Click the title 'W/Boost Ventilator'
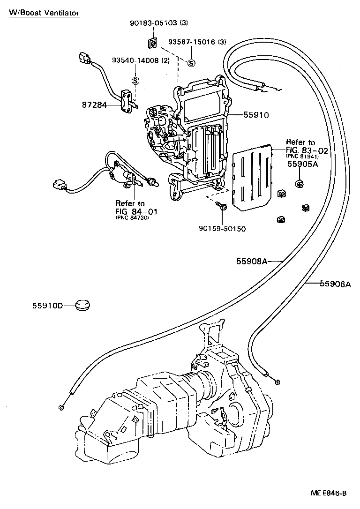click(x=44, y=13)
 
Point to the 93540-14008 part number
click(x=140, y=60)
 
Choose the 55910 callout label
click(x=255, y=114)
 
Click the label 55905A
click(x=302, y=165)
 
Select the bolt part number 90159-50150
click(x=223, y=229)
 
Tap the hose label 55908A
click(x=251, y=262)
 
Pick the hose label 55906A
click(x=335, y=284)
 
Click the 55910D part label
click(x=48, y=306)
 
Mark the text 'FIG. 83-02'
click(x=303, y=150)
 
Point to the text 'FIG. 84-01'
click(x=136, y=211)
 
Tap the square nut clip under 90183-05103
click(x=151, y=43)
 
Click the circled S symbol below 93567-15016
click(x=192, y=63)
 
